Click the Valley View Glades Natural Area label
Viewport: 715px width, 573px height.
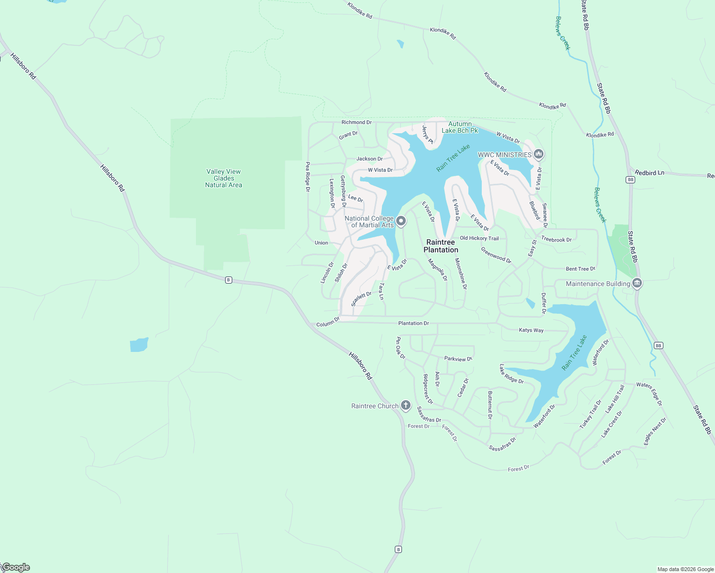tap(224, 178)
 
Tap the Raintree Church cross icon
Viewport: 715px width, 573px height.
tap(405, 406)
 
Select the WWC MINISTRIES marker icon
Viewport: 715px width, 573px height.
tap(539, 154)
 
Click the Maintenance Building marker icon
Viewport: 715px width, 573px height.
tap(637, 284)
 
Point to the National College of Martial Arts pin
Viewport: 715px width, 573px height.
tap(401, 221)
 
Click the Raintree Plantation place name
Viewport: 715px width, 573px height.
tap(441, 246)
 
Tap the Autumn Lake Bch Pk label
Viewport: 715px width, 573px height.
tap(460, 127)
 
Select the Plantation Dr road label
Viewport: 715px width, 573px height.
tap(413, 323)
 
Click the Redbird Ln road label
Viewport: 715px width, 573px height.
tap(650, 173)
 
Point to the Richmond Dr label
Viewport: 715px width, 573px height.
tap(357, 122)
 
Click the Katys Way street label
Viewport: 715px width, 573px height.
tap(531, 330)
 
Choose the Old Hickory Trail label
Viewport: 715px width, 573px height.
tap(479, 238)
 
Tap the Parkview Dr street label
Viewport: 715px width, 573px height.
tap(458, 359)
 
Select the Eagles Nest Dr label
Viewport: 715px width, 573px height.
tap(655, 432)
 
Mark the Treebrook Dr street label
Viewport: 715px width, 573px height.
tap(556, 240)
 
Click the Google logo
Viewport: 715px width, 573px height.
tap(15, 567)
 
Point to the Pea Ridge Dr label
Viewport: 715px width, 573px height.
tap(308, 177)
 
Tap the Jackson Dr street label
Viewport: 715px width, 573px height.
tap(369, 159)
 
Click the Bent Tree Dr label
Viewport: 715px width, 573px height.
tap(580, 269)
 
